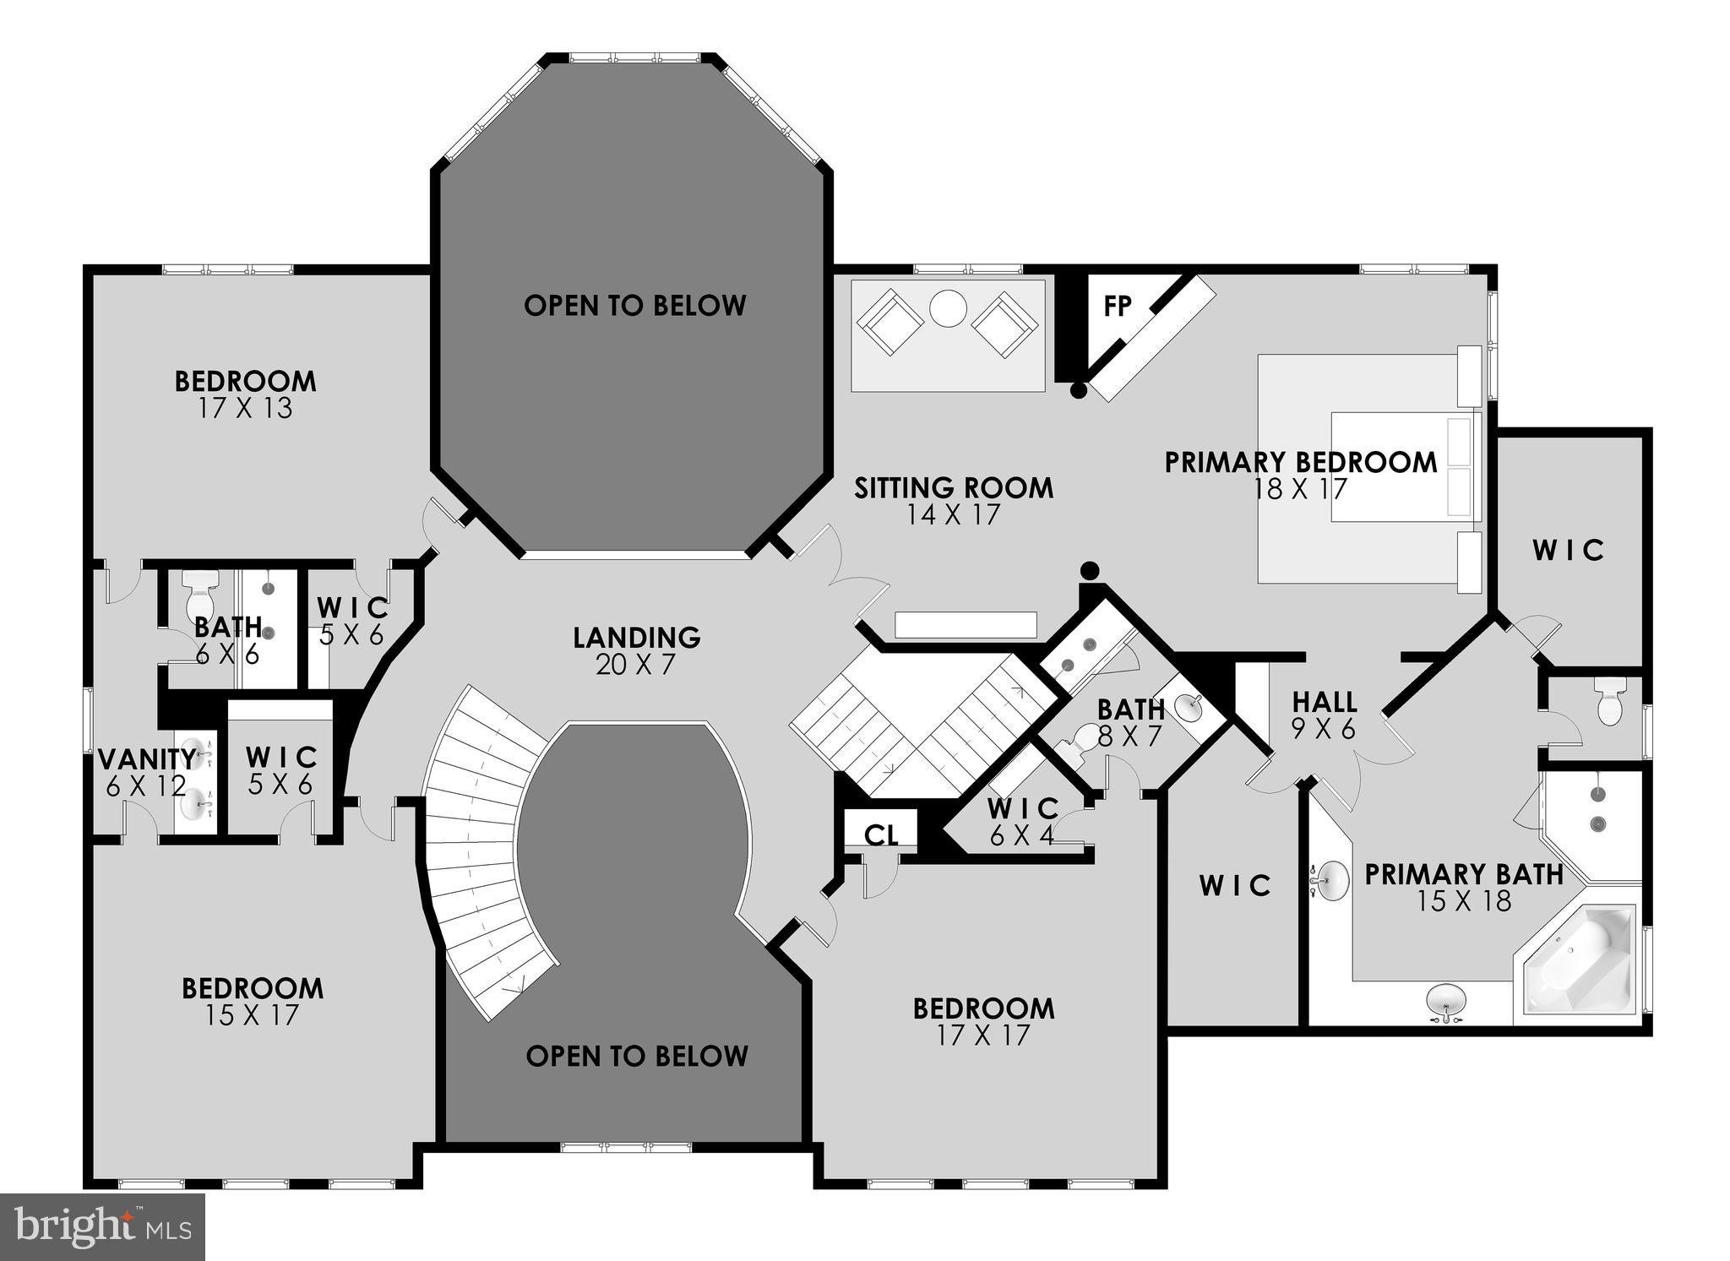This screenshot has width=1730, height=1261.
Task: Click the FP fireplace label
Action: [1117, 306]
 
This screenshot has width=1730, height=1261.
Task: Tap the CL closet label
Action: [880, 835]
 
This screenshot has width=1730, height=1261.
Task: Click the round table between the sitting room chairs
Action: [948, 309]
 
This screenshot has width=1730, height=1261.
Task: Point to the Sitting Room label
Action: [953, 488]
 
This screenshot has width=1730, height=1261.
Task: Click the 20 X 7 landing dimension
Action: [636, 665]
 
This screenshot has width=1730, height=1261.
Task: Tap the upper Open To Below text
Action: [634, 306]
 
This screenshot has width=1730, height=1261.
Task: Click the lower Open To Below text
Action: [636, 1056]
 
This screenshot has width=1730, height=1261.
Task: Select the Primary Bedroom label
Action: [1300, 462]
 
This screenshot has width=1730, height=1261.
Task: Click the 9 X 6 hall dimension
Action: [1323, 729]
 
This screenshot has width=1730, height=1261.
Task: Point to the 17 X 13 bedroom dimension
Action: [245, 409]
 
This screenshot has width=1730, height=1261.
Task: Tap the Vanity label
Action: [147, 759]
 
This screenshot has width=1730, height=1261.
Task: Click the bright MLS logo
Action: [102, 1226]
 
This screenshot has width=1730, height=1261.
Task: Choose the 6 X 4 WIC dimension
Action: [1022, 836]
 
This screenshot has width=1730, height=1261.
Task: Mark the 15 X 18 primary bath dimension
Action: [1463, 901]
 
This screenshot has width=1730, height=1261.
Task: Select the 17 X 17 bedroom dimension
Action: [983, 1035]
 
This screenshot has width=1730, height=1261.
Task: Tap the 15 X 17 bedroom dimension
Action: [252, 1015]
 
